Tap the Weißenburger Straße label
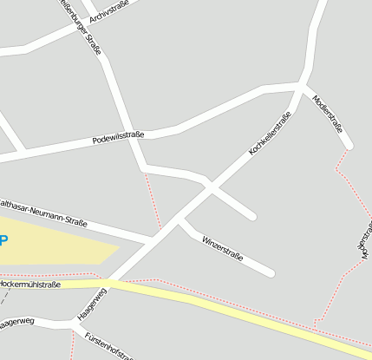[81, 26]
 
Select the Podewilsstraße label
[117, 136]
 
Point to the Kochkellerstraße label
[270, 133]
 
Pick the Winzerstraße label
[222, 247]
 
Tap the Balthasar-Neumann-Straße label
[43, 211]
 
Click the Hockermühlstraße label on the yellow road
[29, 284]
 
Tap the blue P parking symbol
[3, 240]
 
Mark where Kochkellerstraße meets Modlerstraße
[301, 87]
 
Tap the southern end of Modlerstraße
[349, 147]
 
